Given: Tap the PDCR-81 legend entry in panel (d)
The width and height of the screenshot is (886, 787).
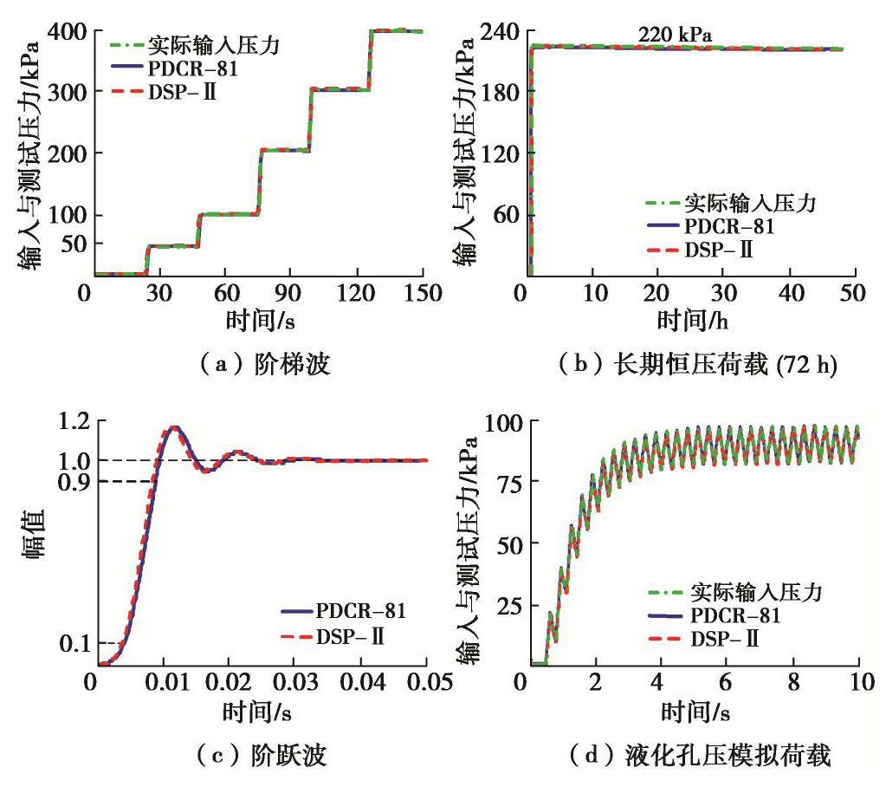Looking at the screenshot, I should [x=735, y=616].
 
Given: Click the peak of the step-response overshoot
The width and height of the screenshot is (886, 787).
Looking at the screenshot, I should [x=174, y=427].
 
